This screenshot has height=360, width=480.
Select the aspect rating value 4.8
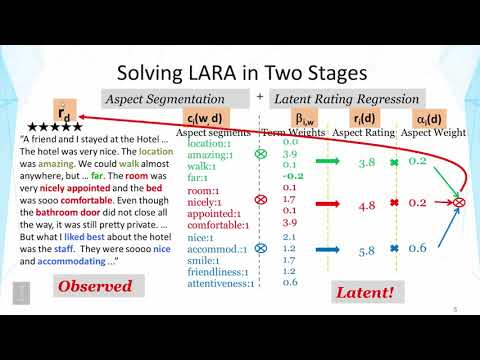tap(367, 206)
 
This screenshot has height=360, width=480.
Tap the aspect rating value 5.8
tap(367, 249)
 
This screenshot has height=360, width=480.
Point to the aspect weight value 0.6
tap(418, 248)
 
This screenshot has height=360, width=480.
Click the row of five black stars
tap(57, 128)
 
